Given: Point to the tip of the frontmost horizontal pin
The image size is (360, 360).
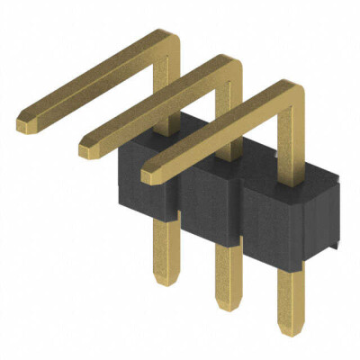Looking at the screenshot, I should click(150, 174).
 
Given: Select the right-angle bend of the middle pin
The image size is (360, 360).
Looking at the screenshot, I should click(230, 63).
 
